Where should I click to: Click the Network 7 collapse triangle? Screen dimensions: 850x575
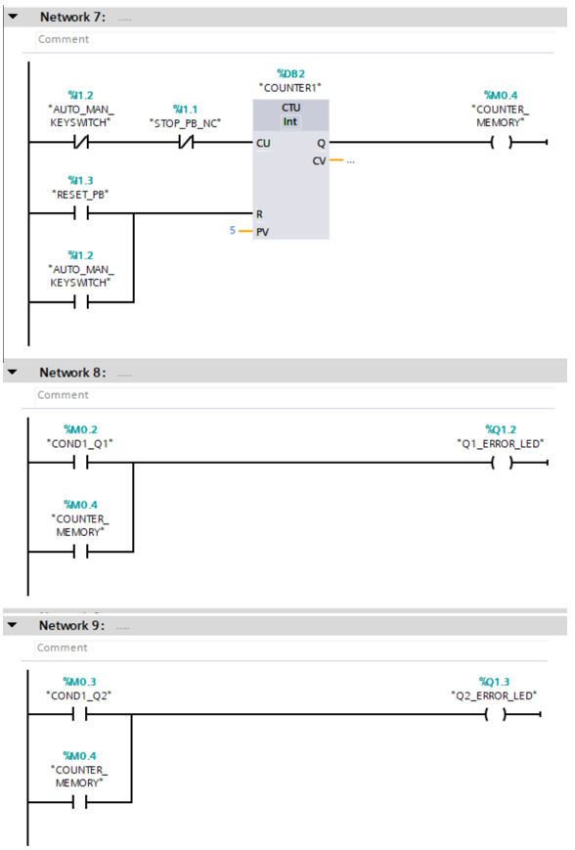pyautogui.click(x=12, y=18)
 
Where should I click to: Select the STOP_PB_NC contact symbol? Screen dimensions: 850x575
pyautogui.click(x=184, y=143)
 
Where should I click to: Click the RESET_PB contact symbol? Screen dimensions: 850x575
pyautogui.click(x=80, y=213)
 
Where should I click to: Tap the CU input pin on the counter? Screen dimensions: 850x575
pyautogui.click(x=263, y=143)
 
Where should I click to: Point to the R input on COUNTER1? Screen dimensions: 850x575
pyautogui.click(x=259, y=213)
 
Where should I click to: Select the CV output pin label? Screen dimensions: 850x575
pyautogui.click(x=319, y=160)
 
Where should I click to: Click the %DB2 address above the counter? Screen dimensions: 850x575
pyautogui.click(x=290, y=73)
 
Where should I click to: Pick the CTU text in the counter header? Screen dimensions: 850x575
pyautogui.click(x=290, y=107)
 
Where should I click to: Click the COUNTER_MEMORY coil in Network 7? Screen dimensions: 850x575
pyautogui.click(x=501, y=143)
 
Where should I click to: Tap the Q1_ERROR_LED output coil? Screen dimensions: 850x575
pyautogui.click(x=501, y=464)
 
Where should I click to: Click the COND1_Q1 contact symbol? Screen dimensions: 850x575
pyautogui.click(x=80, y=464)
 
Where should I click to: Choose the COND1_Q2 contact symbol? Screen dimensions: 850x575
pyautogui.click(x=80, y=714)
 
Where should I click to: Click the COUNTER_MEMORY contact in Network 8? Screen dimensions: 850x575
pyautogui.click(x=80, y=552)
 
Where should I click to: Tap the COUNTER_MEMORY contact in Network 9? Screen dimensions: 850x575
pyautogui.click(x=80, y=802)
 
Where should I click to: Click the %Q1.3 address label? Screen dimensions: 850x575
pyautogui.click(x=495, y=681)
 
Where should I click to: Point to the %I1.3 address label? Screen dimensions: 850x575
pyautogui.click(x=80, y=180)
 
